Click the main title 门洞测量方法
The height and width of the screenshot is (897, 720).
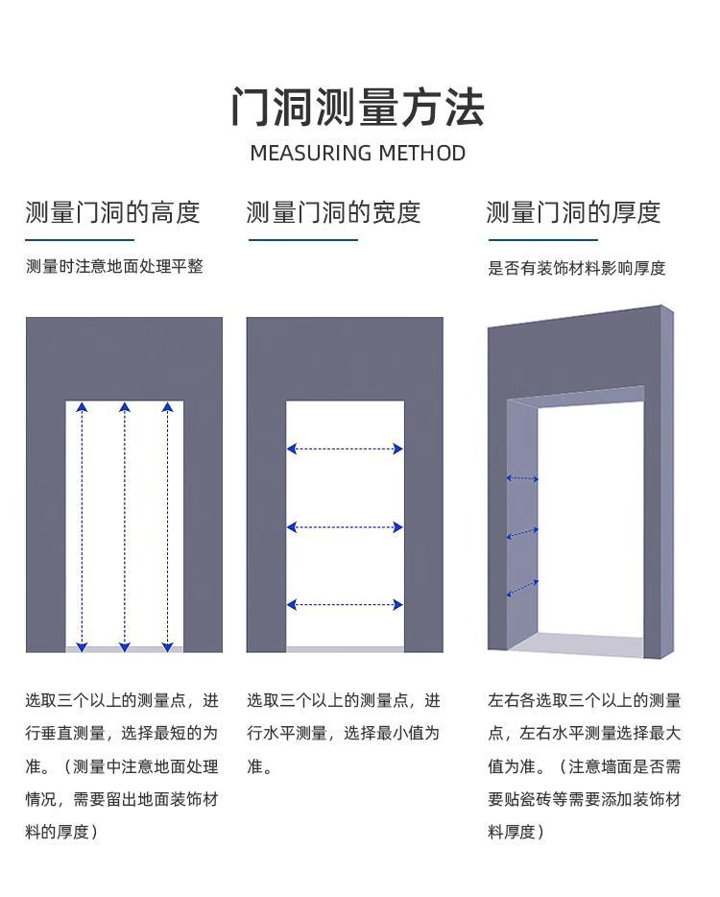[358, 107]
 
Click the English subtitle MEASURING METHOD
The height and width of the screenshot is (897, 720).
[358, 154]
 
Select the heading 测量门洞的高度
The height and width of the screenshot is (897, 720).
[112, 213]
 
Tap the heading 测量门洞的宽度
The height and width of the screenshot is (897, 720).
[333, 213]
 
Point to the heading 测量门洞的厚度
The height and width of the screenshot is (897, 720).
[573, 213]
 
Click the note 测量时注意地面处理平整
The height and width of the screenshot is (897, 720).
[114, 267]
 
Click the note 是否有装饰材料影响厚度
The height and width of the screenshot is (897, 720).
[576, 268]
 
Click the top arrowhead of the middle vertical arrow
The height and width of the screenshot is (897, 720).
[125, 407]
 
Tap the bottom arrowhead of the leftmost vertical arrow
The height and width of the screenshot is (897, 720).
[82, 647]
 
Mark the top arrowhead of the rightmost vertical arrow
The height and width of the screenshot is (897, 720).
[167, 407]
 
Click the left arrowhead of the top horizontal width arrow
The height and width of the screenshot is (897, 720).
[292, 449]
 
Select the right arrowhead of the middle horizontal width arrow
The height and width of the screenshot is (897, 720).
[398, 527]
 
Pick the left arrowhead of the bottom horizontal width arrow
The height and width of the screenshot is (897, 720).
[292, 605]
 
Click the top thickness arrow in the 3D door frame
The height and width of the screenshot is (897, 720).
[522, 478]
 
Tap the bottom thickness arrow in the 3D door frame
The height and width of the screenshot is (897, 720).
[522, 588]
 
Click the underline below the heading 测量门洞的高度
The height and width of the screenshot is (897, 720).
[80, 240]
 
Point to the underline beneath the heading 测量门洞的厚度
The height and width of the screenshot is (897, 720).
[543, 240]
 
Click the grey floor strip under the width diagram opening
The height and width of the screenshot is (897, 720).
[345, 649]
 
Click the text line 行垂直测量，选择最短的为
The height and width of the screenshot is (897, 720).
[122, 734]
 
